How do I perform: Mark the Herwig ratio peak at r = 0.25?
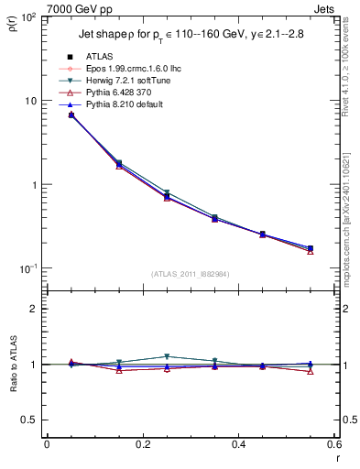(166, 356)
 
